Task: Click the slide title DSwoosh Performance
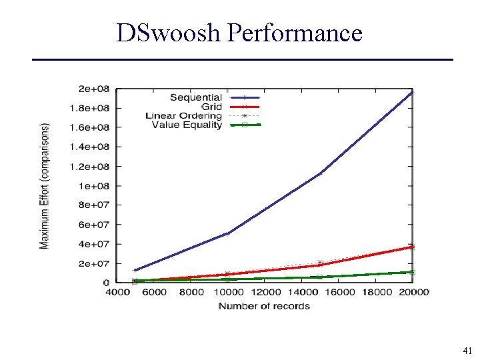239,32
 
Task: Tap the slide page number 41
466,350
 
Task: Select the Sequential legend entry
195,97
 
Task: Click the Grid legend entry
211,107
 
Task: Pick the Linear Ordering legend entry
183,116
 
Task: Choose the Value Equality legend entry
187,125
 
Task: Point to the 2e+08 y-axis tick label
94,89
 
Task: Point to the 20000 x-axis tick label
413,292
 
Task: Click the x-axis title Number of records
264,306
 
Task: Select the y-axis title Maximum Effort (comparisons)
45,185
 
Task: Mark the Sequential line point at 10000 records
227,233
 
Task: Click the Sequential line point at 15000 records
320,173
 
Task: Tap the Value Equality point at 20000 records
413,272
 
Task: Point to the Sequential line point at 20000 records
413,92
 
